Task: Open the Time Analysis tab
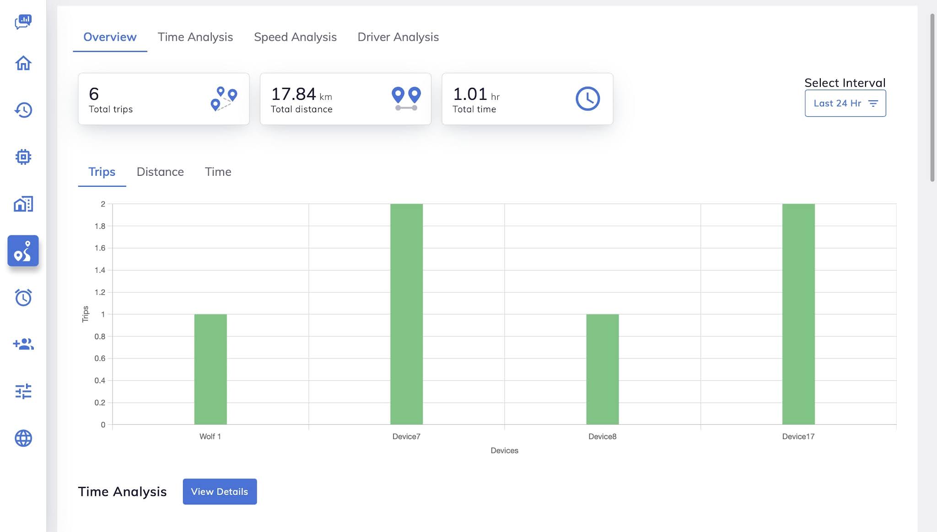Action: click(x=195, y=37)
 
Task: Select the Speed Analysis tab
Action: click(x=295, y=37)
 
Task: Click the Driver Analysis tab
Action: click(x=398, y=37)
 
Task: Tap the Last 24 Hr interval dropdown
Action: click(x=845, y=103)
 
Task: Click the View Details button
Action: click(x=220, y=492)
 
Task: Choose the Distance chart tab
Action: click(x=160, y=172)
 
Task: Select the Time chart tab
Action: click(x=218, y=172)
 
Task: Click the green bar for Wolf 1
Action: click(x=210, y=369)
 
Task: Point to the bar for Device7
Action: click(x=406, y=314)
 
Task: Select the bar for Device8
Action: click(x=603, y=369)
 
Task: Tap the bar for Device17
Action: click(x=798, y=314)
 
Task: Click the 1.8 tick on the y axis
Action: click(x=100, y=226)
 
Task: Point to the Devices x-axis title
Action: click(x=504, y=451)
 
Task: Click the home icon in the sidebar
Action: click(x=23, y=63)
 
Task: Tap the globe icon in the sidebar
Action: click(x=23, y=438)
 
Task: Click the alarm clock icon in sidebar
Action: click(x=23, y=298)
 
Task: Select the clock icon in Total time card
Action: click(x=587, y=98)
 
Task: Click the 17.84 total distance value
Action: click(x=293, y=94)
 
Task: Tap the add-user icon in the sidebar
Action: click(x=23, y=344)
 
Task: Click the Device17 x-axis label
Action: click(x=798, y=436)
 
